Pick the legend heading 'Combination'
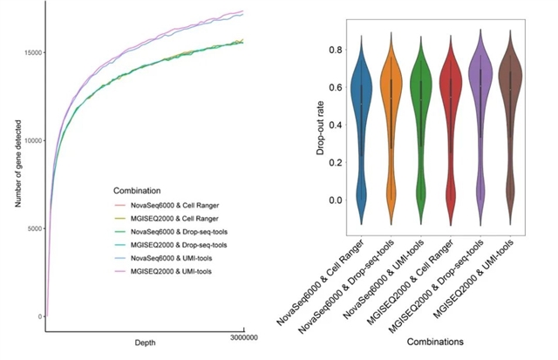(141, 188)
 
